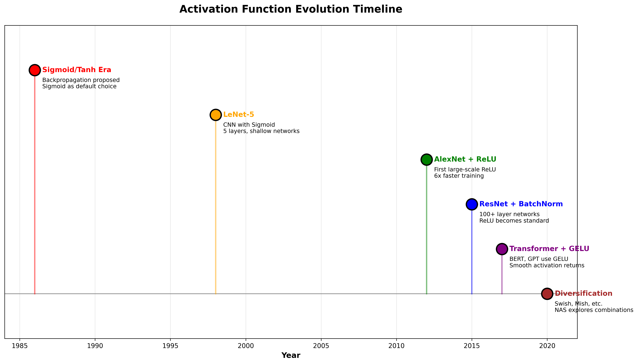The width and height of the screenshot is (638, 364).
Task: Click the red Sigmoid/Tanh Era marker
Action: tap(35, 70)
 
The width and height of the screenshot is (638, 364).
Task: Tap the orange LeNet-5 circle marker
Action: tap(216, 115)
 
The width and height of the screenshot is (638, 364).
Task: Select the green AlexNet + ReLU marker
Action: tap(426, 160)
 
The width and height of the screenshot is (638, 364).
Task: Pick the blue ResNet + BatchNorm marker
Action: tap(472, 204)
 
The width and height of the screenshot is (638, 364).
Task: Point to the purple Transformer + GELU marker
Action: tap(502, 249)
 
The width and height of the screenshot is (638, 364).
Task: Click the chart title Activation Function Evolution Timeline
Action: tap(291, 9)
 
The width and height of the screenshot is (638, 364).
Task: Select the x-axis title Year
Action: tap(291, 355)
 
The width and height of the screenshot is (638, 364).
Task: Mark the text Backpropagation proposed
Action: tap(81, 80)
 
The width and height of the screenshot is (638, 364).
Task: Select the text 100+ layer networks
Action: tap(509, 214)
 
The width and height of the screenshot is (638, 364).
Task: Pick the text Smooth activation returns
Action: tap(547, 265)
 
